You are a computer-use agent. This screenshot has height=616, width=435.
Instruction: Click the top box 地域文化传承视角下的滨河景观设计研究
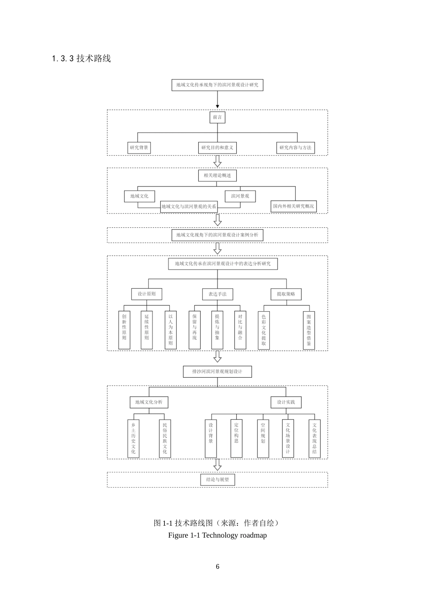point(217,85)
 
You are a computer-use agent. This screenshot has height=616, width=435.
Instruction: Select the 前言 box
point(217,117)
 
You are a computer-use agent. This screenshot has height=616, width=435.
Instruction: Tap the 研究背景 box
point(139,148)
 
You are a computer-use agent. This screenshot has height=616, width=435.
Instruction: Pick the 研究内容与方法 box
point(295,148)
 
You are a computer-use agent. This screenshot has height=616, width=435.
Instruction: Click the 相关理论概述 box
point(217,176)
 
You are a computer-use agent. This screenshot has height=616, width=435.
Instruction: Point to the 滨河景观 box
point(240,196)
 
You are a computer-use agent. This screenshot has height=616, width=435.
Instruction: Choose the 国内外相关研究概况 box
point(294,206)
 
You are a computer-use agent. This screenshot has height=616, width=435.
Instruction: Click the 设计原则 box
point(147,294)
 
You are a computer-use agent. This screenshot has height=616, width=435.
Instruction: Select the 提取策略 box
point(286,294)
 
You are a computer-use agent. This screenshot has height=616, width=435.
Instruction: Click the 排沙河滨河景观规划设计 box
point(217,371)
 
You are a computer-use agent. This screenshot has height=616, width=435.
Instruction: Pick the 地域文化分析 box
point(148,402)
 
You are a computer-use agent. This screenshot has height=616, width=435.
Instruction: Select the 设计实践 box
point(286,402)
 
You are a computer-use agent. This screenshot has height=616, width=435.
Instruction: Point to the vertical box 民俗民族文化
point(165,438)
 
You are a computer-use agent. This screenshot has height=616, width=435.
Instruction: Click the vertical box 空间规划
point(263,438)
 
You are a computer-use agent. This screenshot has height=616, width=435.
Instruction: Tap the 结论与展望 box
point(217,479)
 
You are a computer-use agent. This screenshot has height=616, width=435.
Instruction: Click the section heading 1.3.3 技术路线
point(82,59)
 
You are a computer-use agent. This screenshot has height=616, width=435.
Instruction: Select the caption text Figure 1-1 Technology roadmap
point(217,535)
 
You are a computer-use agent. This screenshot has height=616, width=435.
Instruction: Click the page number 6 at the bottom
point(217,566)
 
